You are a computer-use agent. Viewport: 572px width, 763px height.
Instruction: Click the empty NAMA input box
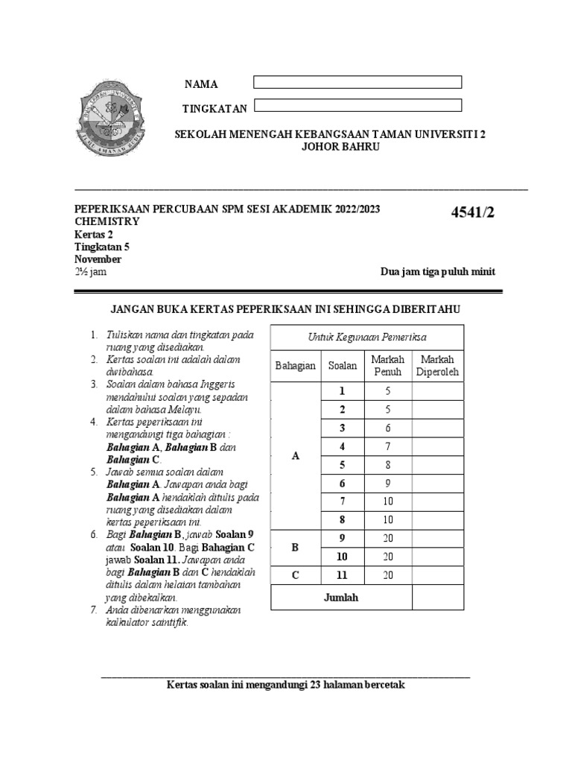[357, 82]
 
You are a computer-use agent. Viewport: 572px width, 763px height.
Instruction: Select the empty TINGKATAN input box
[357, 106]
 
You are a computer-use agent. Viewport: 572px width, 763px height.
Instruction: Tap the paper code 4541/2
[473, 214]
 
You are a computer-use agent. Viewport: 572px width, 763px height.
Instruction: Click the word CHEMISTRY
[107, 222]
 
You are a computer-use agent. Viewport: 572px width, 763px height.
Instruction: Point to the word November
[98, 259]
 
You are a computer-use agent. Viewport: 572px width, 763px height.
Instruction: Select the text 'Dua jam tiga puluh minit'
[437, 272]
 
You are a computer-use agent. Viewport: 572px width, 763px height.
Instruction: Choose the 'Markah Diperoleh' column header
[438, 366]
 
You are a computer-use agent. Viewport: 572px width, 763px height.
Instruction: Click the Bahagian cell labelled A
[296, 456]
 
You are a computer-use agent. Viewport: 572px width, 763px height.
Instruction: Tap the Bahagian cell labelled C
[296, 574]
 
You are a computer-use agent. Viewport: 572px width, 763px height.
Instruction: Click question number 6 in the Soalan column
[343, 483]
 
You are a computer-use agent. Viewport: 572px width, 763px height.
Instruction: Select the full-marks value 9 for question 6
[387, 483]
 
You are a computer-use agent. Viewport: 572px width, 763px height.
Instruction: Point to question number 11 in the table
[343, 574]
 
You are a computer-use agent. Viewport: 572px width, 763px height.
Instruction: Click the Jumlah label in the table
[341, 598]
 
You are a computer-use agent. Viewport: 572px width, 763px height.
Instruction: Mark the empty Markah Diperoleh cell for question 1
[438, 391]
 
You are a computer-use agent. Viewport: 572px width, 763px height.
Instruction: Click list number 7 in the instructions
[94, 610]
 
